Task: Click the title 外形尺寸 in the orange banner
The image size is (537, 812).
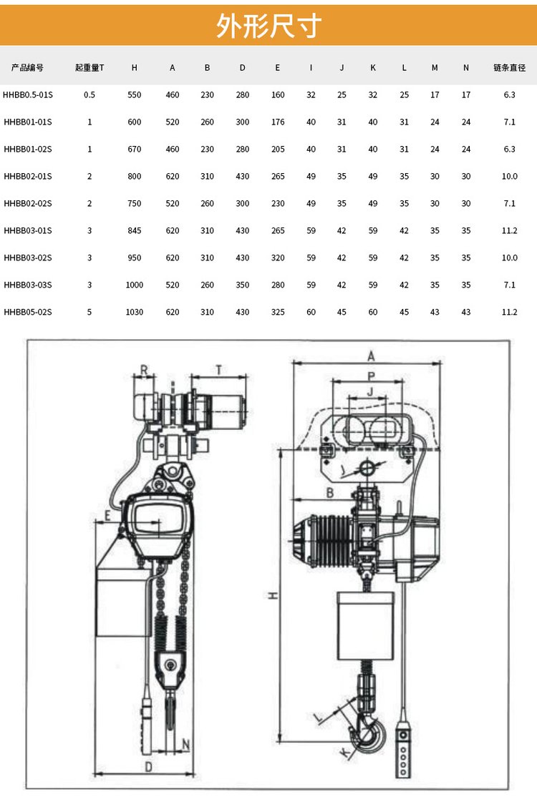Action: click(268, 25)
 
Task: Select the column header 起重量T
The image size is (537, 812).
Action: click(89, 68)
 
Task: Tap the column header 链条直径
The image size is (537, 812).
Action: click(509, 68)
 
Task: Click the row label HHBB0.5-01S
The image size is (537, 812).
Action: click(28, 94)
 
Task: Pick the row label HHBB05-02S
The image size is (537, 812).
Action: click(28, 312)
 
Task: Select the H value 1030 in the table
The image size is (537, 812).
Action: click(135, 312)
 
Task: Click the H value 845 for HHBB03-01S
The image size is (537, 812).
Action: click(135, 230)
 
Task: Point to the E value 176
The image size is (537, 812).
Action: click(278, 122)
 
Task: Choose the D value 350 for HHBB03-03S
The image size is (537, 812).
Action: click(243, 285)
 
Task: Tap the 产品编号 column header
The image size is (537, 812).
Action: click(28, 68)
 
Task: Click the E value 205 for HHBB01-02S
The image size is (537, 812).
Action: click(278, 150)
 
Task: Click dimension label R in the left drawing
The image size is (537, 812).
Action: click(144, 371)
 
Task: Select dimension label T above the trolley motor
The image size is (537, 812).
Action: click(218, 369)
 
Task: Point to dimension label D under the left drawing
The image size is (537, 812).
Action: click(147, 767)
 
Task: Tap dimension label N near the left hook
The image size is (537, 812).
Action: click(186, 743)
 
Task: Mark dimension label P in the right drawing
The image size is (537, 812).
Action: click(370, 376)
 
